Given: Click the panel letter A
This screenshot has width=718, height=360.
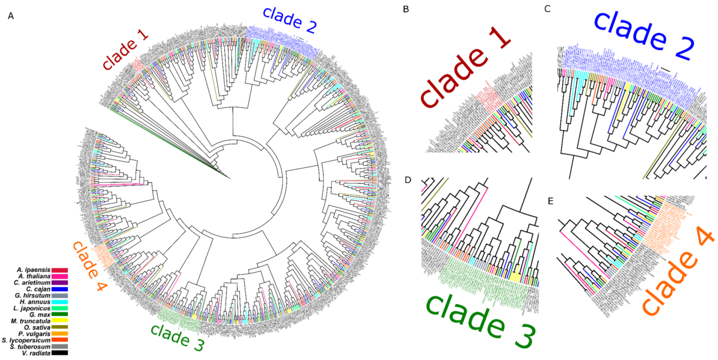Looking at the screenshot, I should [11, 16].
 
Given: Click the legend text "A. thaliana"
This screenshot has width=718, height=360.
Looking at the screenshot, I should [35, 276].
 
